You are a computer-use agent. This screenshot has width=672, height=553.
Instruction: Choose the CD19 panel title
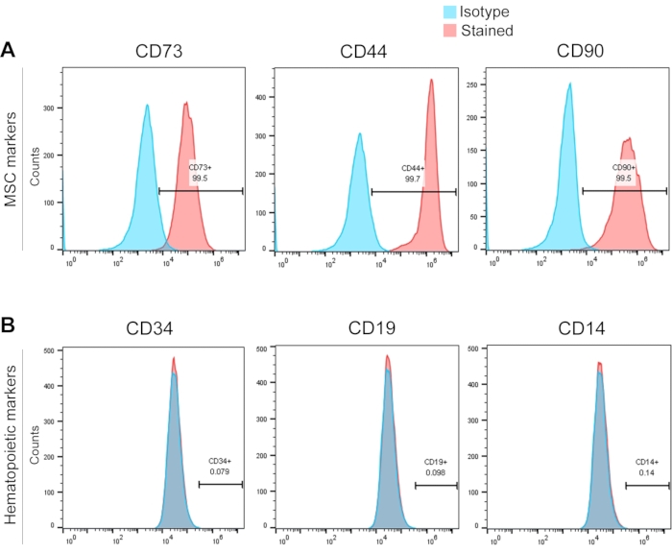coord(364,330)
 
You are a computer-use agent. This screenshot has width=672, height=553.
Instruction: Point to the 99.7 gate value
coord(414,179)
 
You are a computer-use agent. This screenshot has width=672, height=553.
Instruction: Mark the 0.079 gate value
coord(221,471)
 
